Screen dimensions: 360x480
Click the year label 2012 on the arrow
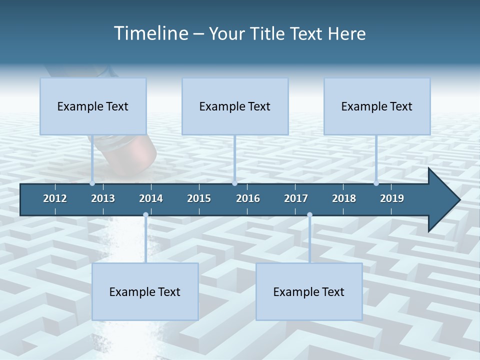pos(55,198)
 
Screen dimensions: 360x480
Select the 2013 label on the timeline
pos(103,198)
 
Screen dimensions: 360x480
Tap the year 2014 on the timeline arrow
pos(151,198)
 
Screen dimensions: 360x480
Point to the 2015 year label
pos(199,198)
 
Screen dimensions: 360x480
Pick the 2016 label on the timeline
pos(248,198)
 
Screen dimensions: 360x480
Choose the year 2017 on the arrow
pos(296,198)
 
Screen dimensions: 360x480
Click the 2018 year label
pos(344,198)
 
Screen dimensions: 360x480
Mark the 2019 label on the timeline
pos(392,198)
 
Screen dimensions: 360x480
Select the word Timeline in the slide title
pos(150,33)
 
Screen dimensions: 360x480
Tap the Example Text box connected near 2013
pos(93,106)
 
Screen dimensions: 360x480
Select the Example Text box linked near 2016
pos(235,106)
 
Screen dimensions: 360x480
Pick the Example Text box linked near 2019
pos(377,106)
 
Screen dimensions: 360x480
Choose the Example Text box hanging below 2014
pos(145,291)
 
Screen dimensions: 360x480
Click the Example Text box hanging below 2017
pos(309,291)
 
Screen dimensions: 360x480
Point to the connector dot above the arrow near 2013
pos(92,183)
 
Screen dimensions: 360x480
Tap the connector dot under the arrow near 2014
pos(145,214)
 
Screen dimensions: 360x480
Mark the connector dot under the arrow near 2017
pos(309,214)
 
